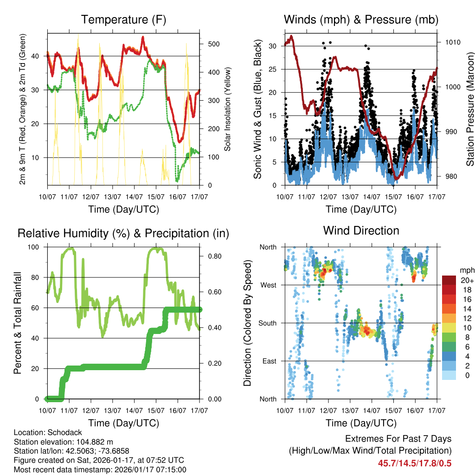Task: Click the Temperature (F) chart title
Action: point(123,19)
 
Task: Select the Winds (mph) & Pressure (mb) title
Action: point(361,19)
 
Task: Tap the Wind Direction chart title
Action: point(361,231)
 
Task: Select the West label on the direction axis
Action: point(268,285)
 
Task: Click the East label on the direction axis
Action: point(269,361)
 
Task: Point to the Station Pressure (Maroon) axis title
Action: point(470,109)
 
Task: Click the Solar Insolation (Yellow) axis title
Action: point(228,109)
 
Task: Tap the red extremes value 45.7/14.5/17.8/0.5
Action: point(415,463)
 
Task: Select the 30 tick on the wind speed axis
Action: point(273,46)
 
